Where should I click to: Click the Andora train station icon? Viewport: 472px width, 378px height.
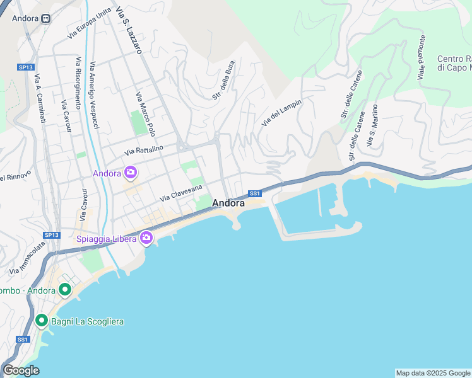[46, 18]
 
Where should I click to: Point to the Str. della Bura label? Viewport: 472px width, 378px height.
[223, 79]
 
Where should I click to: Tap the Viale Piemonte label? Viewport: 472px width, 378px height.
[421, 57]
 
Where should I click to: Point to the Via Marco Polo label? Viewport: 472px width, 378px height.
[145, 113]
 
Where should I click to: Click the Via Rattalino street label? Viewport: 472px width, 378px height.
[144, 150]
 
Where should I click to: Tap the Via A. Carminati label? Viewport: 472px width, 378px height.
[40, 98]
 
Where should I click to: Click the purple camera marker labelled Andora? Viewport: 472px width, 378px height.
[131, 172]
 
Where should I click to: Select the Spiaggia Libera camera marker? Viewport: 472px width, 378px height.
[146, 238]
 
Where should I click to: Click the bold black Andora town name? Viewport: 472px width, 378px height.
[228, 203]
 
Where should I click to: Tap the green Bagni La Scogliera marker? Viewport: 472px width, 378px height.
[42, 321]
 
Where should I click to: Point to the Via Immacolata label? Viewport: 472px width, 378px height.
[28, 259]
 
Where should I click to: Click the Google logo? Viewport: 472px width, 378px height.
[21, 370]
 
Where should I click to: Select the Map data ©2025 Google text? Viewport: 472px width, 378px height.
[433, 373]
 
